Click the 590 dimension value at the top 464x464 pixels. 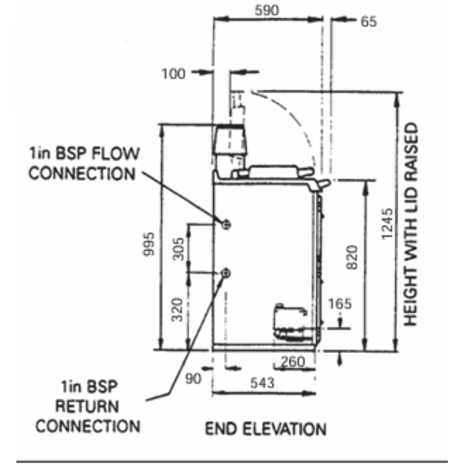[x=267, y=10]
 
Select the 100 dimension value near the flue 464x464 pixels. [x=173, y=74]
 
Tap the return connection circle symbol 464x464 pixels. [x=225, y=272]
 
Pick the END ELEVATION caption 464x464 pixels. [x=266, y=429]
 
